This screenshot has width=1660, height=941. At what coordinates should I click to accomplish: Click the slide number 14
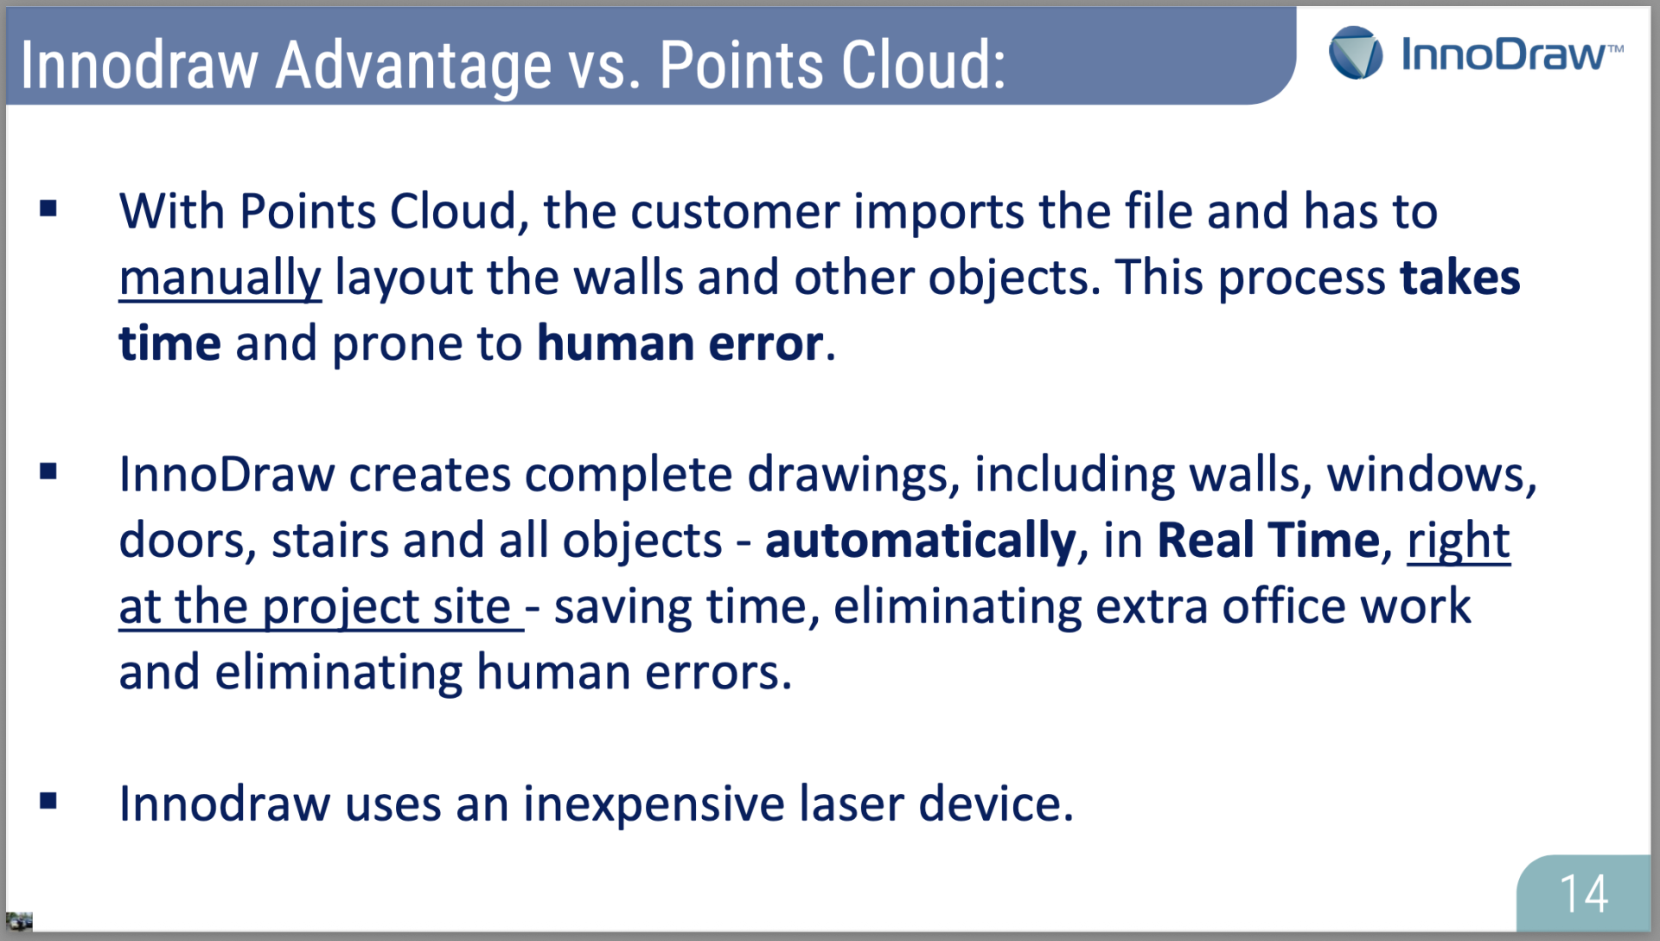1583,893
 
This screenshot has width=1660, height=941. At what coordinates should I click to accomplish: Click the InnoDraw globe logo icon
1356,53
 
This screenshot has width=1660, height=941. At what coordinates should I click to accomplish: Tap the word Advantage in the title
413,67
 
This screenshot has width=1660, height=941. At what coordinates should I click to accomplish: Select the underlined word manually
220,278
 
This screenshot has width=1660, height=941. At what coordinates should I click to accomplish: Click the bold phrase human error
680,343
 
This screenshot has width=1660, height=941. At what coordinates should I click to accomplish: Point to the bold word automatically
921,541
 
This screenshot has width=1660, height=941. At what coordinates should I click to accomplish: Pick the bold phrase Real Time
1268,541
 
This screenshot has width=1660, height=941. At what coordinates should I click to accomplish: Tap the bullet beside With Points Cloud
48,208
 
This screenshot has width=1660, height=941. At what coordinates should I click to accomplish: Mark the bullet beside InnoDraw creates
48,471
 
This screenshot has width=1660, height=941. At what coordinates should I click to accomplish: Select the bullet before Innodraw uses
48,801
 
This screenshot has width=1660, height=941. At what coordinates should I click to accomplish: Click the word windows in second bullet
1432,475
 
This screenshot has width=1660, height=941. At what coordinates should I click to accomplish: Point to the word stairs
330,541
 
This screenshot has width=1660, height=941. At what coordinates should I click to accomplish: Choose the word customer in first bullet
735,213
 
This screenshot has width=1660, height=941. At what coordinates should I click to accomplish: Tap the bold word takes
1460,278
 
